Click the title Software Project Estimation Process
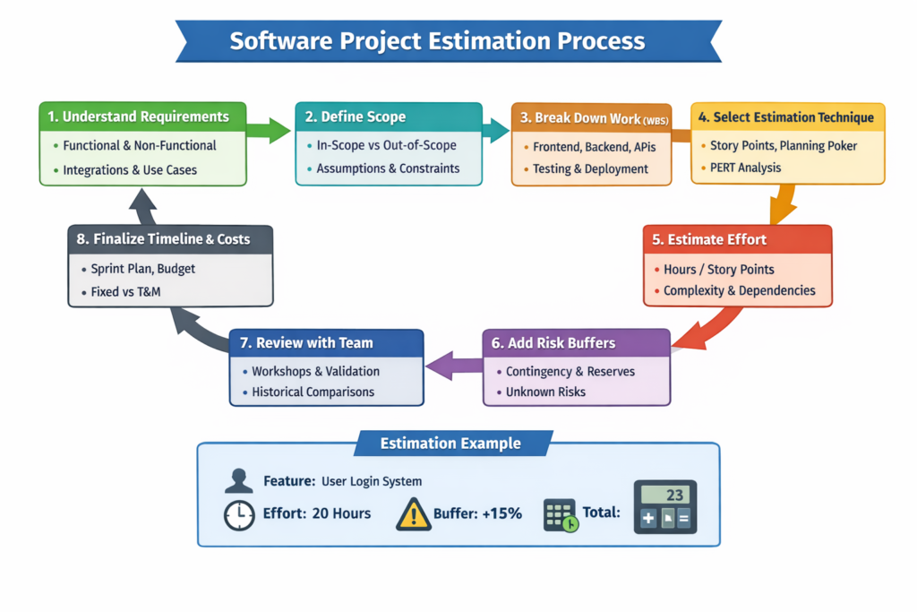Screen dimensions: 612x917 tap(437, 41)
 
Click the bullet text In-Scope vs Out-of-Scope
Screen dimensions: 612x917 tap(386, 145)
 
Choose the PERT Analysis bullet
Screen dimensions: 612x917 tap(745, 168)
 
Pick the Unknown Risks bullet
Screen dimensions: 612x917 tap(545, 392)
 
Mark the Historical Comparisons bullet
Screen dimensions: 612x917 tap(313, 392)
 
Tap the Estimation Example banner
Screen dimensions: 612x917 tap(450, 444)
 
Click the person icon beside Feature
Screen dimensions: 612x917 tap(238, 481)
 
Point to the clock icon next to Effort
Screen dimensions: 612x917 tap(238, 514)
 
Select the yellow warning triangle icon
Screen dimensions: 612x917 tap(413, 513)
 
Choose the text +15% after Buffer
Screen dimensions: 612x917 tap(502, 514)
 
